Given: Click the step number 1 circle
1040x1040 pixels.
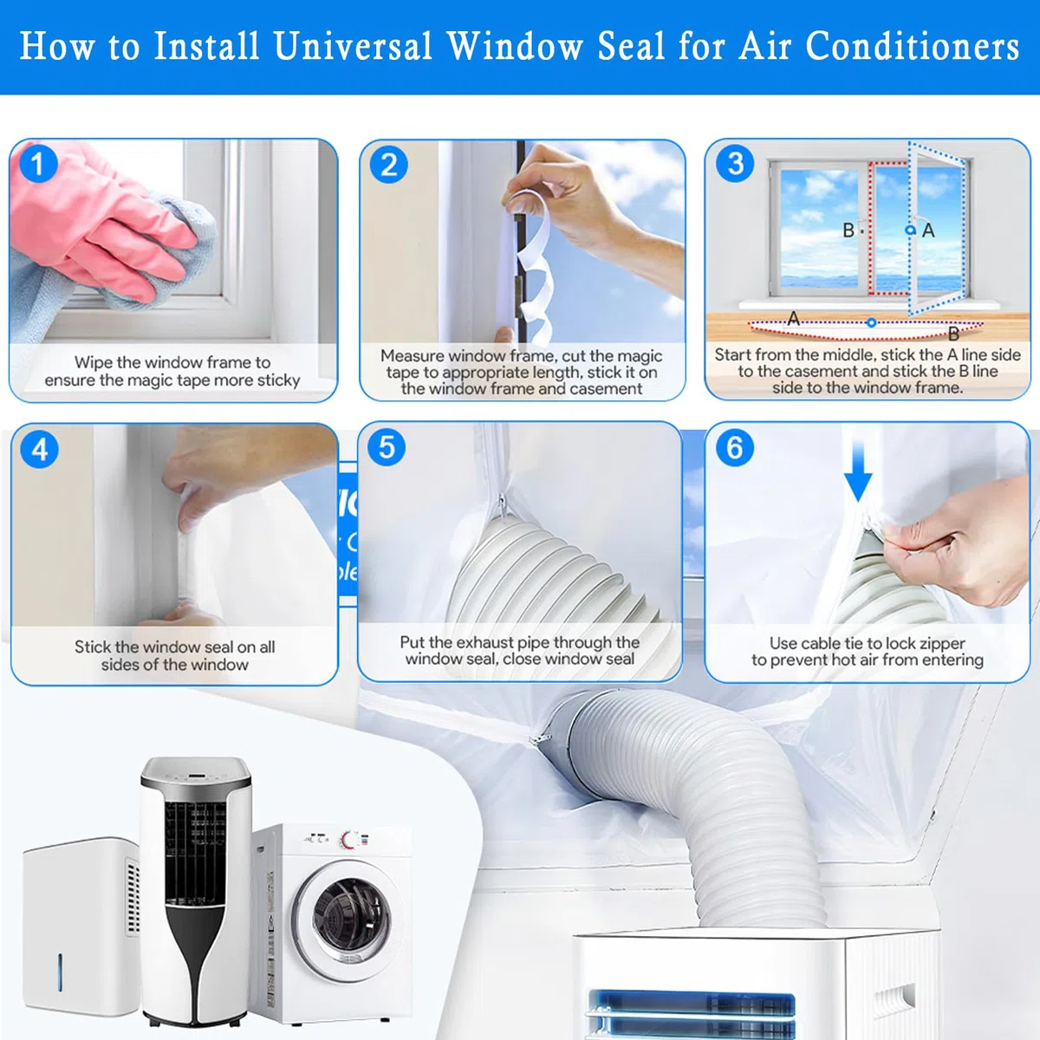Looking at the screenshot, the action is (38, 164).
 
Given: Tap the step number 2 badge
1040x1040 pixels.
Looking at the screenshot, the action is (388, 164).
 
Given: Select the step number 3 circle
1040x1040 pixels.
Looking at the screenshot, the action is (735, 164).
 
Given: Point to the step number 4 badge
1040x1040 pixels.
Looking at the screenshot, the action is (39, 449).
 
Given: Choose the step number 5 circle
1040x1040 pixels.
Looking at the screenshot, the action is (387, 447).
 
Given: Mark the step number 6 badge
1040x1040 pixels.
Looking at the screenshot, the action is (735, 447).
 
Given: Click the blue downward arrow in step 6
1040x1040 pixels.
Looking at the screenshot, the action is (858, 470).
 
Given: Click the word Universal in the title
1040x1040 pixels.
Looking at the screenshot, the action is (353, 46).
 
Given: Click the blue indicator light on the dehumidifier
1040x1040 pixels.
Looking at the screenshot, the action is (60, 972).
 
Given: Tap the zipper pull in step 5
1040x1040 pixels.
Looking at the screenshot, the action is (503, 507).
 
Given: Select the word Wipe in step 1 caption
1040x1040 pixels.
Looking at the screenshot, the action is (93, 362).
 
